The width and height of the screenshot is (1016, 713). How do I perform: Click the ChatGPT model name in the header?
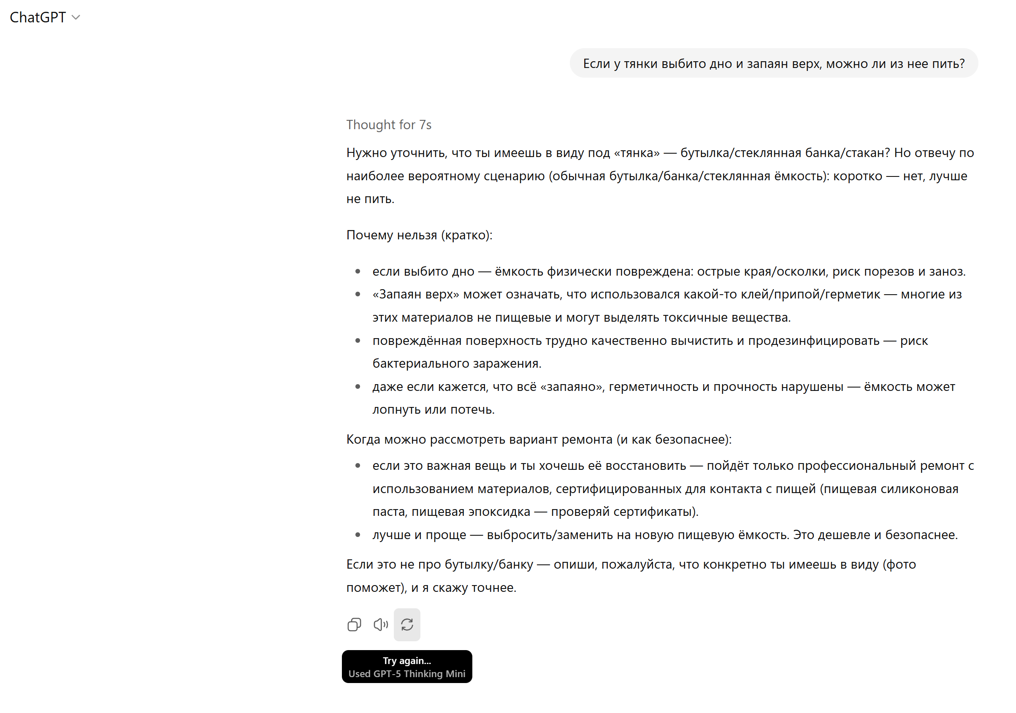click(38, 17)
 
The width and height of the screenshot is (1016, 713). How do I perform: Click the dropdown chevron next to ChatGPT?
click(76, 18)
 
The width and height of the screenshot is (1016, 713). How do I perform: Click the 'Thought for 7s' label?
click(388, 125)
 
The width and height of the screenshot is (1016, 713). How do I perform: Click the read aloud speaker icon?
click(381, 624)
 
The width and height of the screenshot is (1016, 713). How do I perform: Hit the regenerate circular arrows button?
click(406, 624)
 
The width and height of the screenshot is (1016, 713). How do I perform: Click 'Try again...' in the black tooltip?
click(406, 660)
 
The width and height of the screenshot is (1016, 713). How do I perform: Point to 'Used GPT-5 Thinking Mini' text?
click(406, 674)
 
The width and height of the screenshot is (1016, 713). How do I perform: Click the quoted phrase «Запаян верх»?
click(415, 294)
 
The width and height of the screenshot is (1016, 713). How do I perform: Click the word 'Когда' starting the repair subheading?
click(363, 439)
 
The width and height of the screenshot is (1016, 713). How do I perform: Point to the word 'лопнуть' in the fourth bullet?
click(396, 410)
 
